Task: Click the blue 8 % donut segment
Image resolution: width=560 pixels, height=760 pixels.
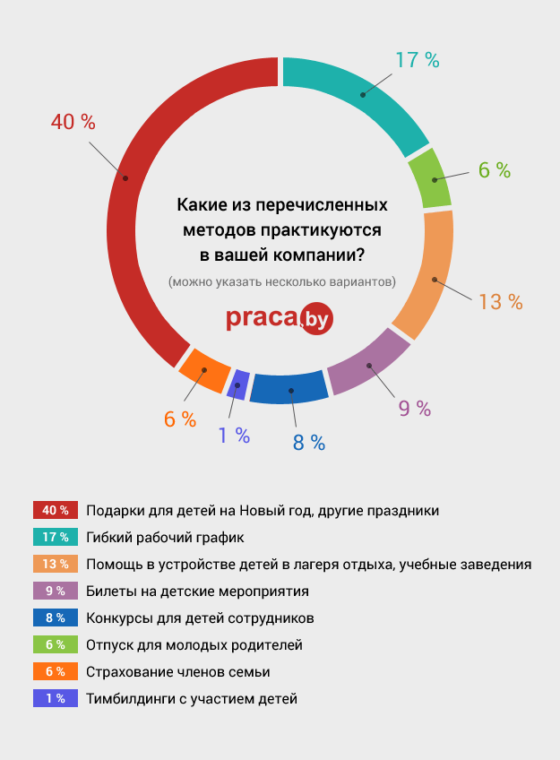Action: (x=289, y=386)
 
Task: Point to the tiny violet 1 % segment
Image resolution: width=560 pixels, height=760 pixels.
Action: (x=237, y=384)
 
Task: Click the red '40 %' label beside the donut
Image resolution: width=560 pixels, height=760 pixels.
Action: (x=73, y=123)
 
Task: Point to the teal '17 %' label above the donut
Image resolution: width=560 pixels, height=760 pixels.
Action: (x=418, y=61)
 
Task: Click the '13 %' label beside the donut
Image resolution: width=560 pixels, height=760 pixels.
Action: (x=500, y=302)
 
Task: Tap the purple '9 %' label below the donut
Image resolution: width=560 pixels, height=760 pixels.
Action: (x=415, y=409)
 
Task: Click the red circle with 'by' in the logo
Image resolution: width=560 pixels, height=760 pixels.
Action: (x=316, y=317)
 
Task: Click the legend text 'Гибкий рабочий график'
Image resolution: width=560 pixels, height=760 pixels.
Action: (x=165, y=537)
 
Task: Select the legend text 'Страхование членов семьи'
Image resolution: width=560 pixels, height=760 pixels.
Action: (x=178, y=671)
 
